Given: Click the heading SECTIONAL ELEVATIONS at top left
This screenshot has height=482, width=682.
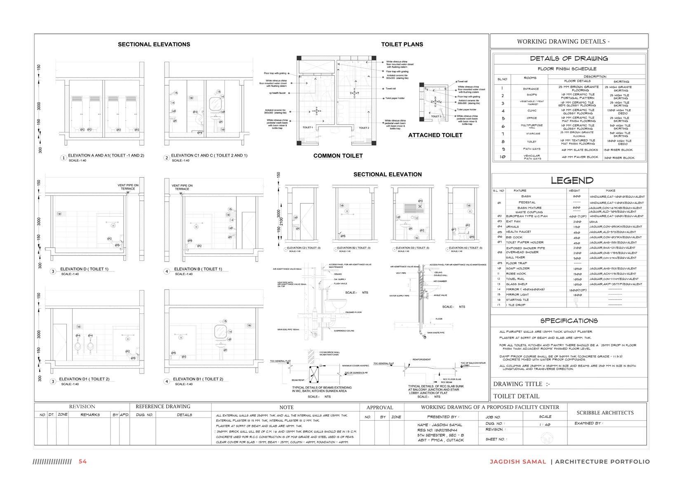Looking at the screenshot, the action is tap(154, 44).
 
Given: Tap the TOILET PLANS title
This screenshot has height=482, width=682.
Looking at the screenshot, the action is tap(402, 44).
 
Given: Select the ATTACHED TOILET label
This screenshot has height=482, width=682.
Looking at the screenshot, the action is tap(435, 135).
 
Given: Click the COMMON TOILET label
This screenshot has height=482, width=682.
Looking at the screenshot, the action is tap(338, 156).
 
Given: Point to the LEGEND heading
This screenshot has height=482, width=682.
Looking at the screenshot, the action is tap(572, 180).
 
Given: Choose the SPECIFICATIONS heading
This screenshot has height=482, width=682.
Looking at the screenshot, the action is tap(569, 321).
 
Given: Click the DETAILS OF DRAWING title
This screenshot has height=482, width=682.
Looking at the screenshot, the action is tap(569, 58).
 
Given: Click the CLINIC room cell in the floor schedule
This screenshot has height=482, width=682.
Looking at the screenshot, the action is tap(531, 110).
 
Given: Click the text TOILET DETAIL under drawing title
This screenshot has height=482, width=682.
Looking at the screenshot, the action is tap(516, 396).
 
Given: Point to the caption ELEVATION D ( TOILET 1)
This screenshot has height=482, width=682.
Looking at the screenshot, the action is tap(84, 269).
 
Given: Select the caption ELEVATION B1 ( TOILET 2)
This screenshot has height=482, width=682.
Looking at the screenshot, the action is tap(198, 379).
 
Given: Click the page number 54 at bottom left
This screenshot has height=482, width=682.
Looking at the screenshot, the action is tap(82, 461).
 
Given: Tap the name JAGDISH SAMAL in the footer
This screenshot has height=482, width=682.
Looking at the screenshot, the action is tap(517, 462).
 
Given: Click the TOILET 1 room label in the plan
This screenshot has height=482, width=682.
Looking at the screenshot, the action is tap(308, 128).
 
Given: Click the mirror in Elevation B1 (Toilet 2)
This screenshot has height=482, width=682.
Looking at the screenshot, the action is tap(220, 331).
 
